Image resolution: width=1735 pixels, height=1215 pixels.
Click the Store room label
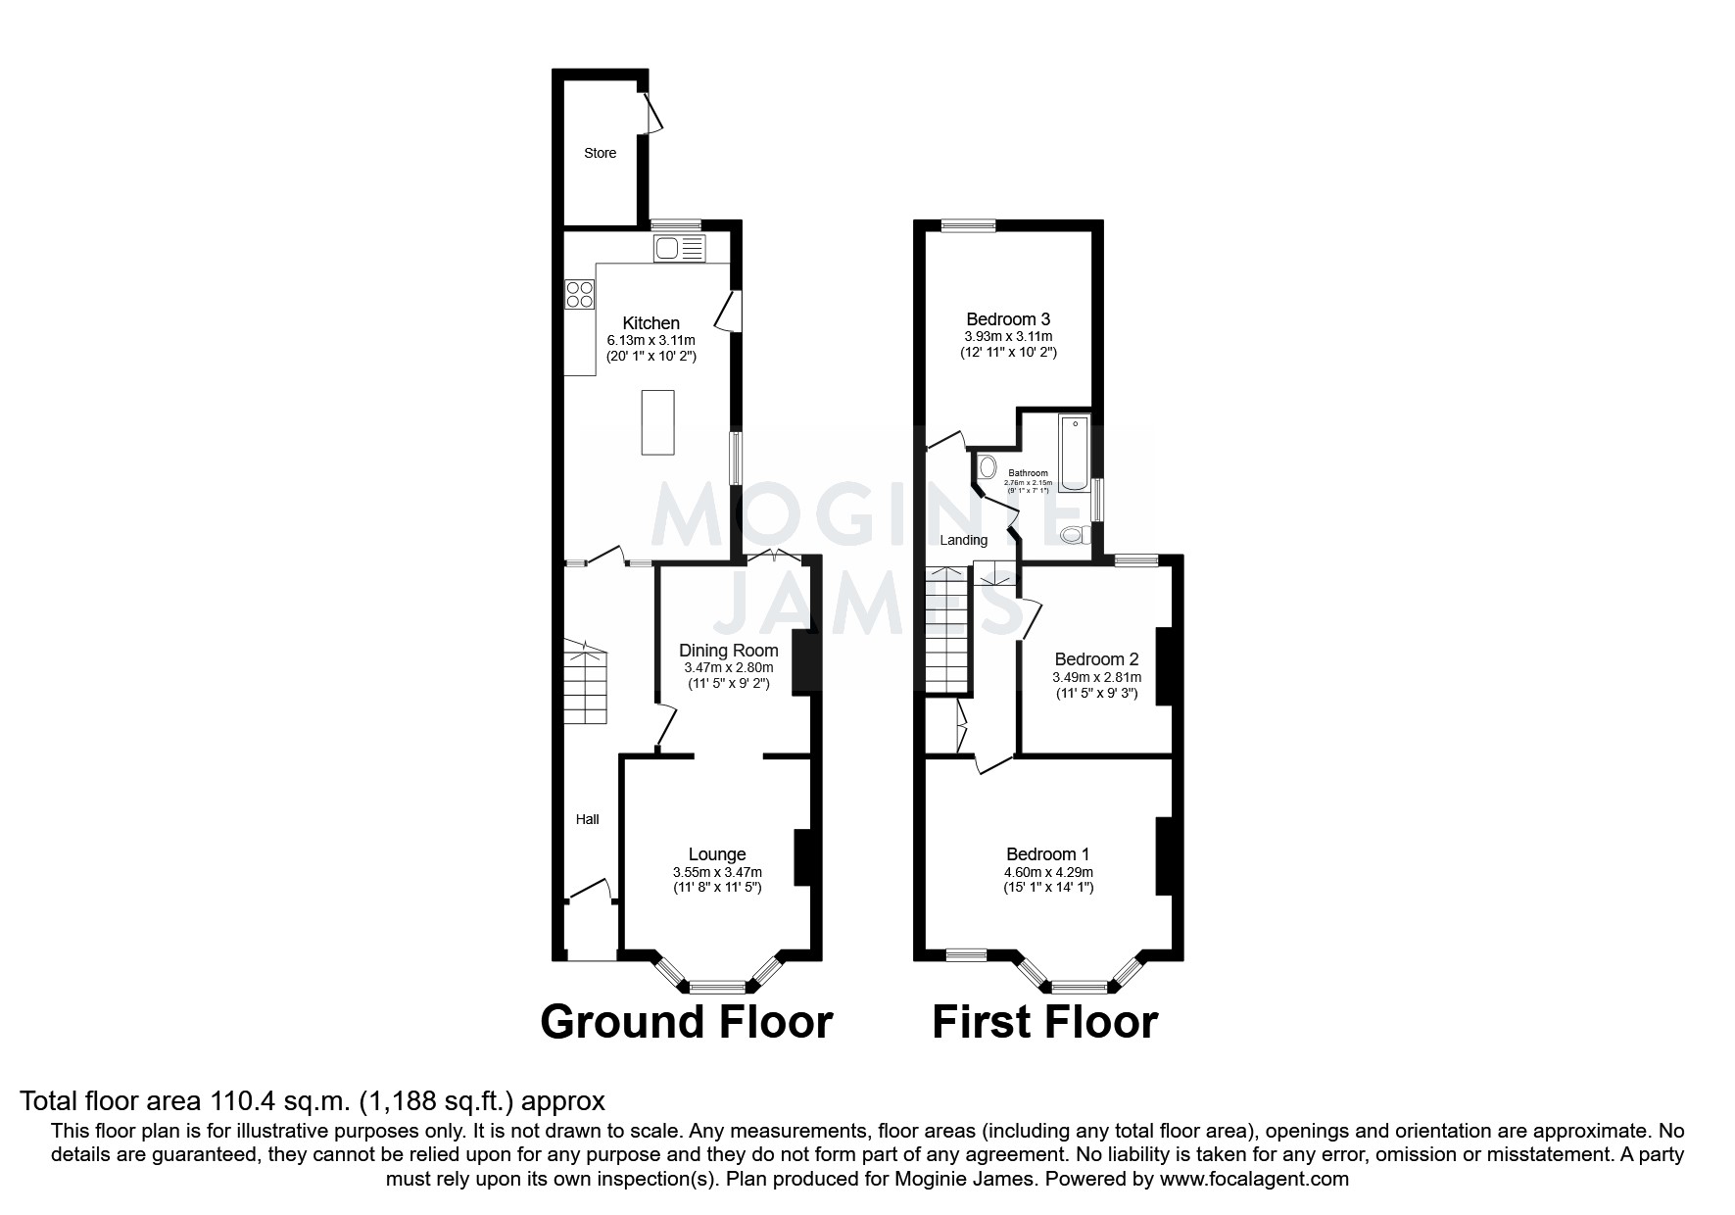click(x=600, y=153)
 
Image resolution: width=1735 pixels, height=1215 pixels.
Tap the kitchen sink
click(x=678, y=249)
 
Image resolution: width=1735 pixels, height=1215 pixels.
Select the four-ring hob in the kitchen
click(x=579, y=294)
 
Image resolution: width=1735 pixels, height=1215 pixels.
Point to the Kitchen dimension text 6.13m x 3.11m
click(x=651, y=340)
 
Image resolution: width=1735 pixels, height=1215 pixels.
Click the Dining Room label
click(x=729, y=651)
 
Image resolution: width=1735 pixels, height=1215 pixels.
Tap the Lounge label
click(x=717, y=854)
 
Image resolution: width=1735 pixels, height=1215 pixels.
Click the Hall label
click(x=587, y=819)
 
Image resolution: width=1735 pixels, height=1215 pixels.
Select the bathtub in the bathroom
click(x=1074, y=453)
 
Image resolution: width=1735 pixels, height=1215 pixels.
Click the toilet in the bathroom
click(x=1075, y=535)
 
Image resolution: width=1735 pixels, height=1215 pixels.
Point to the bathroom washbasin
click(x=986, y=466)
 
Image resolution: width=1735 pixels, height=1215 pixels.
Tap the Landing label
click(x=963, y=540)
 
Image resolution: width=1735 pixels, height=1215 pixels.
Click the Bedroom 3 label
click(x=1008, y=319)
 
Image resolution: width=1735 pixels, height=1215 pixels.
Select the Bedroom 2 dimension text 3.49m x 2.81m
click(x=1096, y=677)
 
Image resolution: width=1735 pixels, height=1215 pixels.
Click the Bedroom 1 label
click(x=1047, y=854)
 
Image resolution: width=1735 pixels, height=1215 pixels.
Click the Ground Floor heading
click(x=686, y=1022)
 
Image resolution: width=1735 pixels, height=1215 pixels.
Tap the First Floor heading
click(x=1044, y=1022)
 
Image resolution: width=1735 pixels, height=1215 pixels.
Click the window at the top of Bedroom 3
click(x=968, y=225)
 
